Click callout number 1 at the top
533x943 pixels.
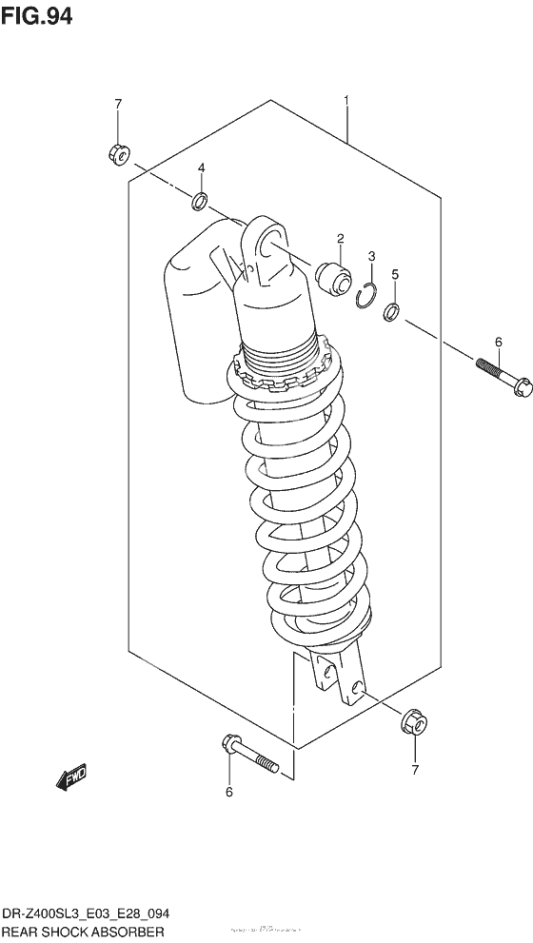point(347,100)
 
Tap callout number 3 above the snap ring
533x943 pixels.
point(372,256)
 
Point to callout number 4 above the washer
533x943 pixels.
point(202,168)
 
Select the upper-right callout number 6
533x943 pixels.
point(497,342)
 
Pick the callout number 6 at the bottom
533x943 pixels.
point(227,792)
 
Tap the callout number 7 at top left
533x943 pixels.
point(118,104)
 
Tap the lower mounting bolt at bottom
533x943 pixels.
point(248,752)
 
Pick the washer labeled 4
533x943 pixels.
point(200,201)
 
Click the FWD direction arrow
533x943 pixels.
point(71,777)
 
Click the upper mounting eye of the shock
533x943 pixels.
point(270,242)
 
